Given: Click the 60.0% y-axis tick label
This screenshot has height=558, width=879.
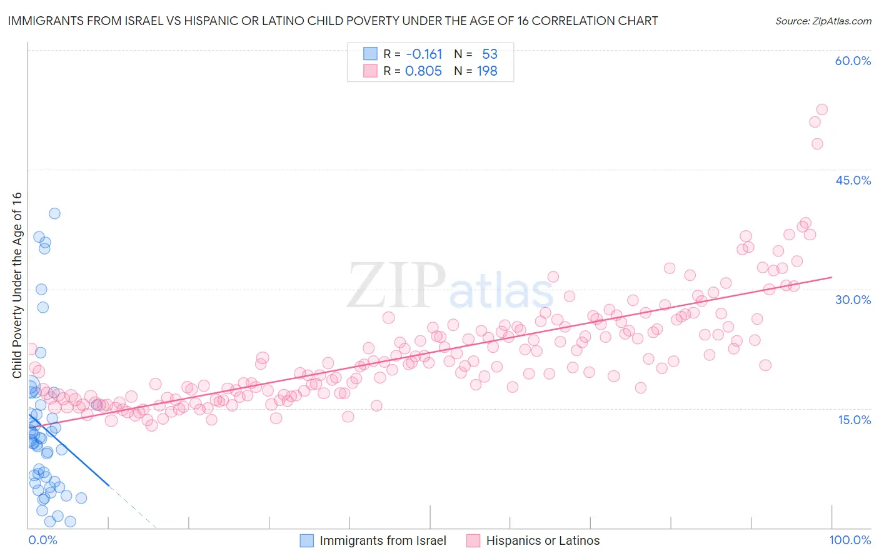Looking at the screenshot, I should point(853,61).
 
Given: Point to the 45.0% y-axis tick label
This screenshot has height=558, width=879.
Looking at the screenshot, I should point(853,180).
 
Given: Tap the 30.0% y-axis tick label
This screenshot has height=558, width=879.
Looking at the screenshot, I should point(853,300).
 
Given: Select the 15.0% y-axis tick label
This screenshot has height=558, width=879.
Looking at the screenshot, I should point(854,420).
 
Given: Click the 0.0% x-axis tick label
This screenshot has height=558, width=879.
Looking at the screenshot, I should point(43,540).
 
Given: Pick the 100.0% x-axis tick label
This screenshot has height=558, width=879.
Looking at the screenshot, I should point(850,540).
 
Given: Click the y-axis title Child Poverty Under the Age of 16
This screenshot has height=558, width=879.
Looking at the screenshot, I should point(17,285).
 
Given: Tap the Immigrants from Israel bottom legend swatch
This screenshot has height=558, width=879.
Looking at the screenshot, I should point(306,541).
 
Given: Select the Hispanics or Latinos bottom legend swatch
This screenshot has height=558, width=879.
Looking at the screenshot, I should point(473,541).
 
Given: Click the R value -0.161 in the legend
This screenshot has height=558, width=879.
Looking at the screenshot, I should point(424,54).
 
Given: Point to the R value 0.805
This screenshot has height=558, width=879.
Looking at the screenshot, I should point(423,71).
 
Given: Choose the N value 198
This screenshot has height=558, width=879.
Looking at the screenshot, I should point(487,71).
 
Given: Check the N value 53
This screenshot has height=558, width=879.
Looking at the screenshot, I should point(490,54).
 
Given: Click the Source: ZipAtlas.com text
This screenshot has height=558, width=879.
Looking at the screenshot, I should point(823,21).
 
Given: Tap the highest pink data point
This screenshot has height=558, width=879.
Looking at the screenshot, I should point(822,109).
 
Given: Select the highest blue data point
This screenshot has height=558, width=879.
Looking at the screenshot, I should point(54,213).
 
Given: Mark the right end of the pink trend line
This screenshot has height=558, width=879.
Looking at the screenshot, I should point(831,277).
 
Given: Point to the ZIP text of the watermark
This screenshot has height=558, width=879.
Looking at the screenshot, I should point(396,286).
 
